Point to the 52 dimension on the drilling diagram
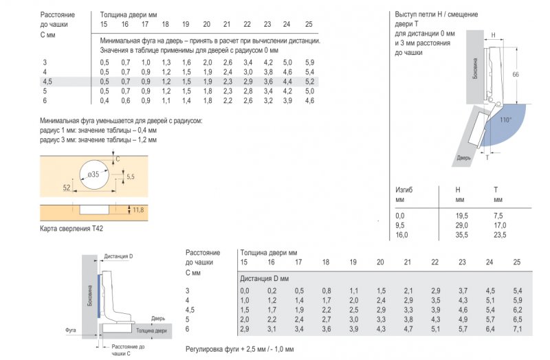point(66,186)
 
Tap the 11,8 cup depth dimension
point(137,210)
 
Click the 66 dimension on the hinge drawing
point(516,74)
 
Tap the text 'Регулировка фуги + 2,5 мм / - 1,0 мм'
point(240,350)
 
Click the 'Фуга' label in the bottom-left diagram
point(70,330)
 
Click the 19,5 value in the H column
point(461,216)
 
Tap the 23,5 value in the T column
point(500,235)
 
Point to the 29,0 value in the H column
point(461,225)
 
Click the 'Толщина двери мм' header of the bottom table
point(267,252)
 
